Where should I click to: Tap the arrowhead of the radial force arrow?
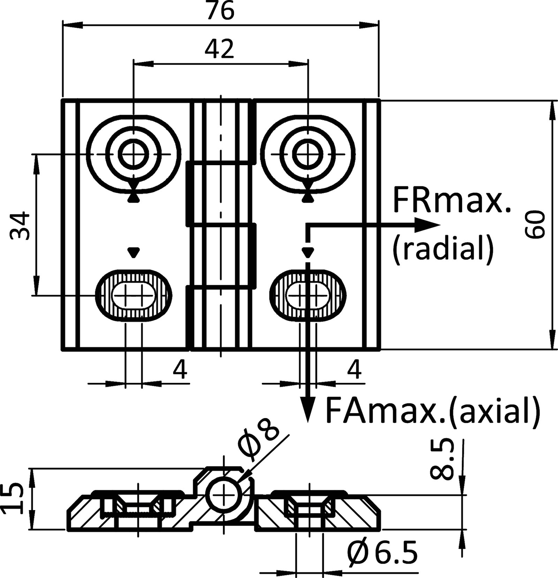(431, 225)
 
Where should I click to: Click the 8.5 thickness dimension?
(441, 460)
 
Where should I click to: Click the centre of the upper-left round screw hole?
(134, 154)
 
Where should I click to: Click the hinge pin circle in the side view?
(223, 495)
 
